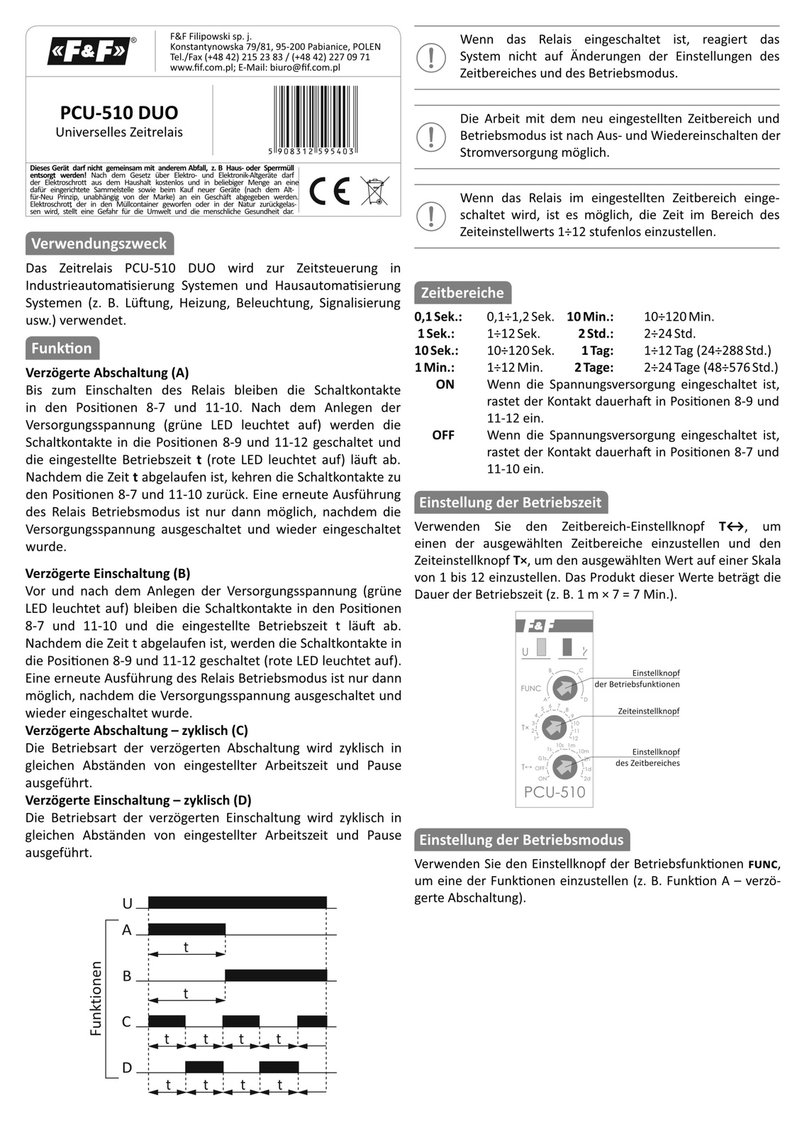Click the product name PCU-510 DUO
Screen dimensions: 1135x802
click(x=119, y=113)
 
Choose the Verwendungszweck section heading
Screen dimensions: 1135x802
click(x=99, y=243)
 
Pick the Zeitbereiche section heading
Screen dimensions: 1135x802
click(x=462, y=292)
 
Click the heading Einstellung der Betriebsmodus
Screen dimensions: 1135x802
click(x=521, y=840)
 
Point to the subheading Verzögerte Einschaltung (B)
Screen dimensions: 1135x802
click(x=108, y=573)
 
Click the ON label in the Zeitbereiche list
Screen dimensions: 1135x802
click(x=445, y=384)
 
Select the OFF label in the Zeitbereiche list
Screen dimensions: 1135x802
click(x=443, y=435)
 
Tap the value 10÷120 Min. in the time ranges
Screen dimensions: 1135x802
click(x=679, y=317)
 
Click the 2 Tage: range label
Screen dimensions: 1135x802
click(x=594, y=367)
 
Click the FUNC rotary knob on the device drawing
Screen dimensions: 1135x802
click(x=564, y=687)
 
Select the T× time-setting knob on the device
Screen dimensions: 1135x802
click(x=555, y=727)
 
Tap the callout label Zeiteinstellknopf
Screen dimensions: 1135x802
click(x=648, y=711)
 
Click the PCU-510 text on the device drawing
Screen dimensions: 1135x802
click(x=555, y=792)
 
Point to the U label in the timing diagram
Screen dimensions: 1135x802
click(x=128, y=903)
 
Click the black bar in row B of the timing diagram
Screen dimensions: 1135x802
click(x=276, y=975)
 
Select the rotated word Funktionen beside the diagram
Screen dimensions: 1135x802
click(x=96, y=998)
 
